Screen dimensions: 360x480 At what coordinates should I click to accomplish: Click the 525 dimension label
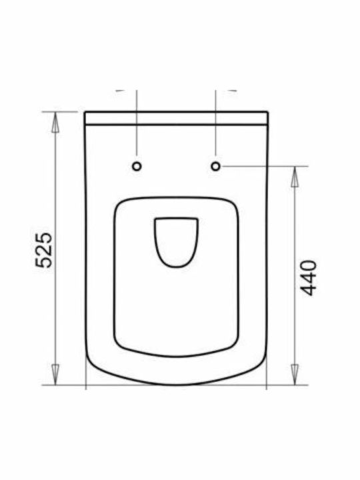43,251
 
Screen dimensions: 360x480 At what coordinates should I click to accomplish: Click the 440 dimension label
308,278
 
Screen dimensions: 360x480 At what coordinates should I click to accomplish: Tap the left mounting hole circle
137,167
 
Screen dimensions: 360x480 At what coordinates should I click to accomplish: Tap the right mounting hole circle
216,166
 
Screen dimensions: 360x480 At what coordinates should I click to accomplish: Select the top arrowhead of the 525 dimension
55,122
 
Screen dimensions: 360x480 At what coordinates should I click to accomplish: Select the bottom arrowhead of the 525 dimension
55,375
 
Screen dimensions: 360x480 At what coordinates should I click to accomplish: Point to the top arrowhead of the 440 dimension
295,177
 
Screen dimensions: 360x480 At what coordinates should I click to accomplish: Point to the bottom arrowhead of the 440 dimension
295,375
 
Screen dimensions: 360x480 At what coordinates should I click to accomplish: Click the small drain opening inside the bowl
176,242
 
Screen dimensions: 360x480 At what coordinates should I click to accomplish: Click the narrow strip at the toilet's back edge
176,118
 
